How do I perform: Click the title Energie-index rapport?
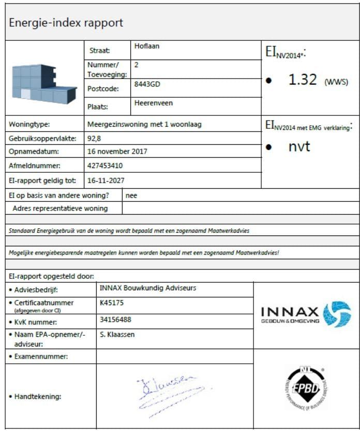point(66,23)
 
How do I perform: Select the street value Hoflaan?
point(147,46)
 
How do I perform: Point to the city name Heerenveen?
point(154,103)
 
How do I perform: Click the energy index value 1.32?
point(303,80)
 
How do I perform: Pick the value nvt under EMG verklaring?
point(299,146)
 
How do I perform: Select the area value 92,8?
point(95,138)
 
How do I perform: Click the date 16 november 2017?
point(117,152)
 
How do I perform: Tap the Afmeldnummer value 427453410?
point(106,166)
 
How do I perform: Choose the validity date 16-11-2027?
point(106,180)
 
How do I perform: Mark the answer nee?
point(131,196)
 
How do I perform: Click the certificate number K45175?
point(112,303)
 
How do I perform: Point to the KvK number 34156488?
point(115,320)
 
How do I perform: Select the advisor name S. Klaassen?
point(117,334)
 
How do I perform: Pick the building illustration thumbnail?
point(43,83)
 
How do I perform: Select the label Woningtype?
point(29,125)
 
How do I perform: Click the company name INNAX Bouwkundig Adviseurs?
point(147,288)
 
